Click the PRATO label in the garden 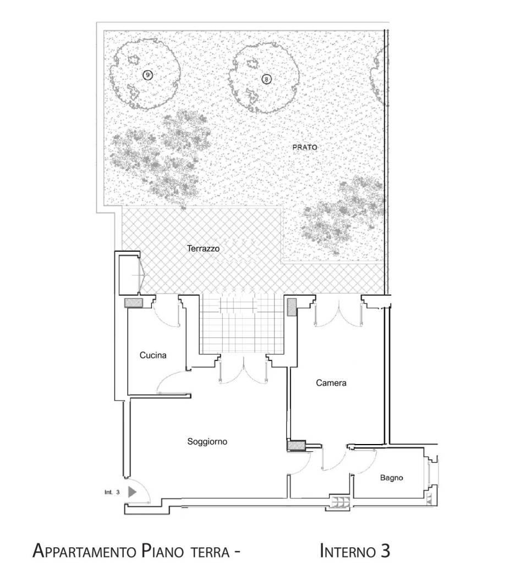pos(305,147)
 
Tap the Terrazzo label pos(203,249)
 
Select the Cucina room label pos(153,356)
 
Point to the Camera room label pos(331,383)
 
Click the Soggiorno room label pos(207,441)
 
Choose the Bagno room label pos(391,478)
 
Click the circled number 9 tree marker pos(147,75)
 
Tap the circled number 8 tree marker pos(266,79)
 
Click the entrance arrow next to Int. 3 pos(131,492)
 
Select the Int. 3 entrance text pos(112,492)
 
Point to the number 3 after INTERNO pos(385,551)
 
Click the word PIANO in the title pos(164,551)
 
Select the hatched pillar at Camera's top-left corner pos(291,307)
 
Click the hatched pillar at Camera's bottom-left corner pos(298,445)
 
